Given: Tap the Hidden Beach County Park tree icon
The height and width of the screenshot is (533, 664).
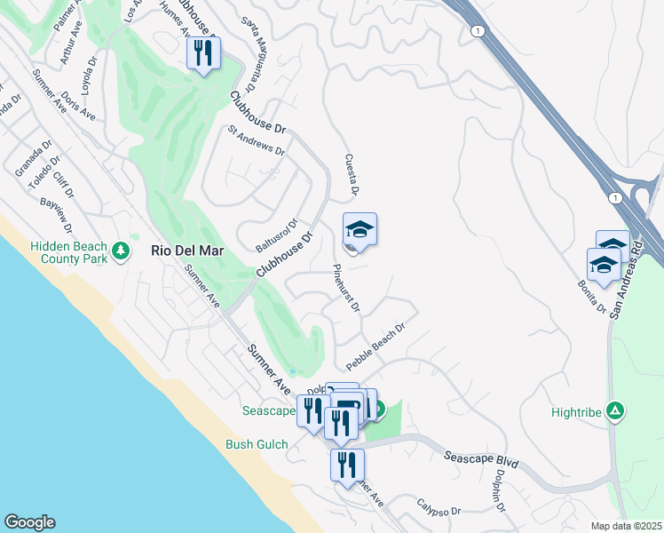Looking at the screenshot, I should tap(122, 253).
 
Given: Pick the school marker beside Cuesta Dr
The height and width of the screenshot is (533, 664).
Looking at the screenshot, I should tap(360, 231).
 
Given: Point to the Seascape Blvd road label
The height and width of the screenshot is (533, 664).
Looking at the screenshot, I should tap(480, 460).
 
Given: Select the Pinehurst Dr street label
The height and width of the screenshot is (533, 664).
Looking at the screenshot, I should tap(346, 287).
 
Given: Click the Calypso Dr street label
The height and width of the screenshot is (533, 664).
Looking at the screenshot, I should tap(439, 512).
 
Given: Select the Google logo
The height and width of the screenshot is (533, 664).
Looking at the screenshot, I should tap(29, 522).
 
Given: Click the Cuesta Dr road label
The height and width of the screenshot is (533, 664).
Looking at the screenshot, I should tap(351, 174).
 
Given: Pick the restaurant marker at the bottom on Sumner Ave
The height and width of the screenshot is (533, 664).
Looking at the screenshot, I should tap(346, 465).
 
